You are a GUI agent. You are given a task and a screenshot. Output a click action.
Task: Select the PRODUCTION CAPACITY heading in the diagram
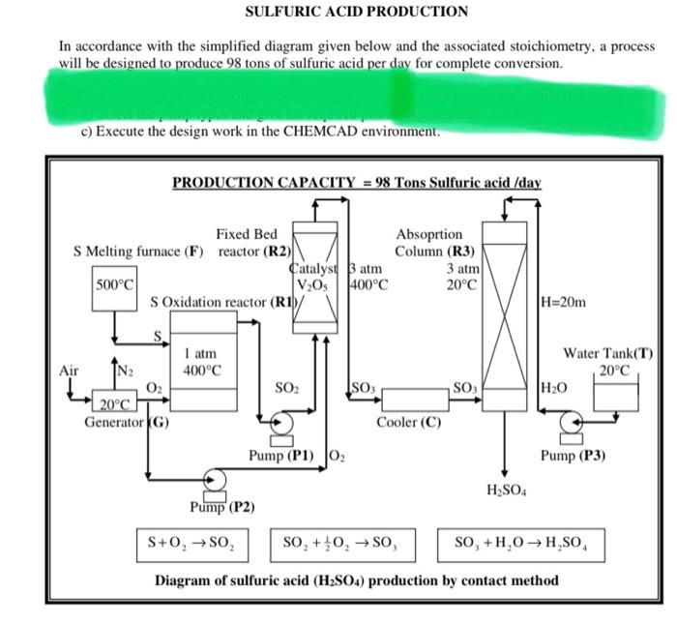356,182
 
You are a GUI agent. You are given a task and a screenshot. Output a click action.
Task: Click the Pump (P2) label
221,505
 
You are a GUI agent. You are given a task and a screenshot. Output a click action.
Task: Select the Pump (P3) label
573,456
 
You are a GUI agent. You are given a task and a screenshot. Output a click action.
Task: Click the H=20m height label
562,303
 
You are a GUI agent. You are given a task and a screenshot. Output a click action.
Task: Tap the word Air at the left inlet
69,371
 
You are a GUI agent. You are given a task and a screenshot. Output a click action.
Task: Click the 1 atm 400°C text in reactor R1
203,363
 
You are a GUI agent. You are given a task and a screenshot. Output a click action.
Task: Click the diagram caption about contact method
357,580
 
